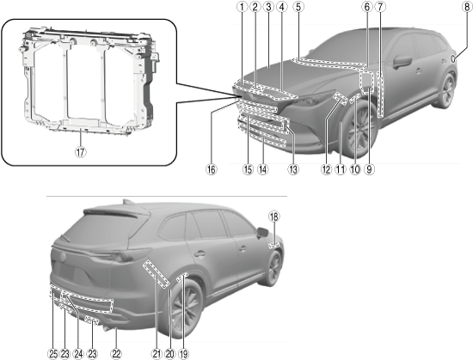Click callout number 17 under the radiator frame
pyautogui.click(x=81, y=152)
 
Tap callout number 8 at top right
pyautogui.click(x=467, y=7)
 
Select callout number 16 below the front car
pyautogui.click(x=212, y=169)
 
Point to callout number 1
pyautogui.click(x=242, y=7)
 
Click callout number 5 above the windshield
pyautogui.click(x=298, y=7)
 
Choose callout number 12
pyautogui.click(x=326, y=169)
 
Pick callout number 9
pyautogui.click(x=369, y=169)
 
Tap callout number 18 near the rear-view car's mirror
pyautogui.click(x=274, y=217)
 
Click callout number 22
pyautogui.click(x=116, y=354)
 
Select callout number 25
pyautogui.click(x=52, y=354)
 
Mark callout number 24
pyautogui.click(x=78, y=354)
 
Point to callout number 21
pyautogui.click(x=157, y=354)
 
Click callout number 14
pyautogui.click(x=263, y=169)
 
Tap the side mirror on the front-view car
pyautogui.click(x=402, y=62)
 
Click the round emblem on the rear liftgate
pyautogui.click(x=63, y=257)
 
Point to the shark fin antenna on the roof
pyautogui.click(x=128, y=202)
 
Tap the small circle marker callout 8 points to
pyautogui.click(x=453, y=58)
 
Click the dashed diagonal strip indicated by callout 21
pyautogui.click(x=156, y=274)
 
